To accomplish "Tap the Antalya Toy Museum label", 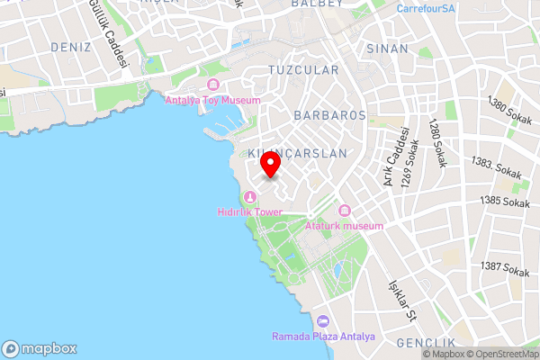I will (213, 100).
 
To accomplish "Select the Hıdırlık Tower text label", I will (250, 212).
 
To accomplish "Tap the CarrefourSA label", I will (426, 8).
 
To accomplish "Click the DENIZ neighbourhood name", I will (71, 46).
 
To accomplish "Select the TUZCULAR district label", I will (303, 69).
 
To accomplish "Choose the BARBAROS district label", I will (329, 115).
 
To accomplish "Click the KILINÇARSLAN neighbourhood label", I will (297, 154).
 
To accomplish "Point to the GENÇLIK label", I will (426, 344).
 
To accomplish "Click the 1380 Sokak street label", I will (508, 112).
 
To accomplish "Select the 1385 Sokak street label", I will (505, 202).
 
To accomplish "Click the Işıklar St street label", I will (400, 301).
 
